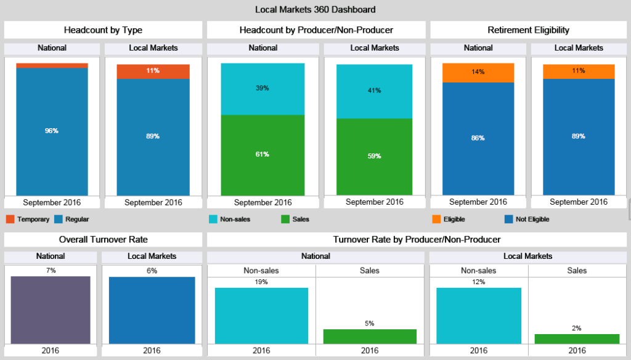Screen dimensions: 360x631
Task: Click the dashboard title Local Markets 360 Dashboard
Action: [x=315, y=9]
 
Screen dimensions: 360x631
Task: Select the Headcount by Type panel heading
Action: [x=103, y=30]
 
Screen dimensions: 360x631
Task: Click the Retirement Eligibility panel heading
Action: [x=528, y=30]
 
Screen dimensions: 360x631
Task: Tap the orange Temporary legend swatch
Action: [x=10, y=219]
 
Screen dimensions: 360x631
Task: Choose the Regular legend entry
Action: [x=77, y=219]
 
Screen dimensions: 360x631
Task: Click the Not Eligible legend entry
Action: [x=531, y=219]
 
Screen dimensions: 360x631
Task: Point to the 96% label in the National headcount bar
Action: [x=52, y=131]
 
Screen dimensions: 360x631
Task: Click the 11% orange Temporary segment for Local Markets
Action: [x=153, y=71]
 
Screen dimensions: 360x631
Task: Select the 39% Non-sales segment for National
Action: [x=263, y=89]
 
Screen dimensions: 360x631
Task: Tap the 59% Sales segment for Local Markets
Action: [x=374, y=156]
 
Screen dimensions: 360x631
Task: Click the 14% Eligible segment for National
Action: [x=478, y=72]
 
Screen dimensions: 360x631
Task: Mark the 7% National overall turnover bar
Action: [x=51, y=309]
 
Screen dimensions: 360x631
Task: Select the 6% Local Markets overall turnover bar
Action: [x=152, y=309]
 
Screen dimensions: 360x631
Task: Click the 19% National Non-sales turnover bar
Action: [x=261, y=315]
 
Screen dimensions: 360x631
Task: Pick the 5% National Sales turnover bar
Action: [x=370, y=336]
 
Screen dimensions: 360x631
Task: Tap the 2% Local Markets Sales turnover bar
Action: [x=577, y=338]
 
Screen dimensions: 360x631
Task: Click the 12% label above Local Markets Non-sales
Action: [x=478, y=282]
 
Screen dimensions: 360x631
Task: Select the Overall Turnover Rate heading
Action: [x=103, y=239]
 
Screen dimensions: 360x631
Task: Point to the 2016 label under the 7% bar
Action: [x=51, y=350]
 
